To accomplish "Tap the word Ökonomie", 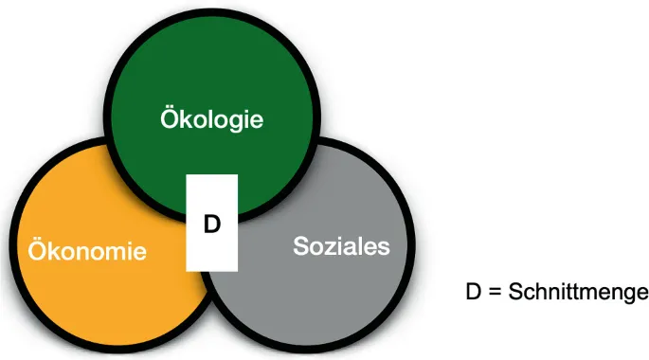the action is tap(87, 252).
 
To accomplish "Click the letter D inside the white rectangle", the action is tap(212, 224).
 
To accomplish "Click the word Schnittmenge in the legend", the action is tap(578, 292).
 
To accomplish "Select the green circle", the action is tap(209, 76).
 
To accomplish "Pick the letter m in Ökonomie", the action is tap(118, 253).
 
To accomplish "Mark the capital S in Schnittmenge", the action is tap(515, 292).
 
